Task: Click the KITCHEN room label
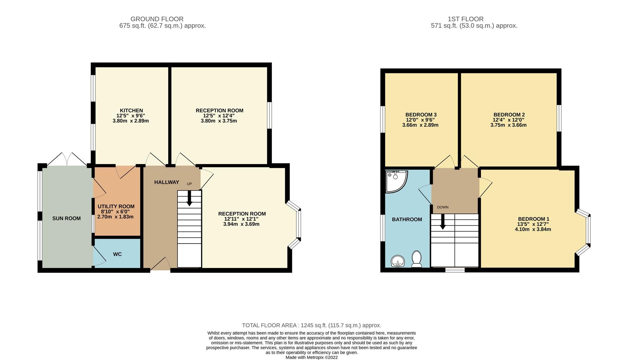click(131, 110)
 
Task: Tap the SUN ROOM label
click(66, 218)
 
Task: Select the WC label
click(117, 254)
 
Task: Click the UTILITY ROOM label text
click(116, 206)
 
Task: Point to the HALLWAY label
click(167, 182)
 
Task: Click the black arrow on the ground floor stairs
click(189, 199)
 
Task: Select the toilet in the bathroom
click(416, 259)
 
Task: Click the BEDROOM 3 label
click(421, 115)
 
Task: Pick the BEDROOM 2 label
click(509, 115)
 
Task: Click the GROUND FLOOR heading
click(157, 19)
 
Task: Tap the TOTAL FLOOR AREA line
click(312, 325)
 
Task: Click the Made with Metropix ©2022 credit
click(312, 357)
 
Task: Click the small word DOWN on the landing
click(442, 207)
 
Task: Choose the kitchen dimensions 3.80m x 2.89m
click(131, 121)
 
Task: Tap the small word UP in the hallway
click(189, 184)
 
